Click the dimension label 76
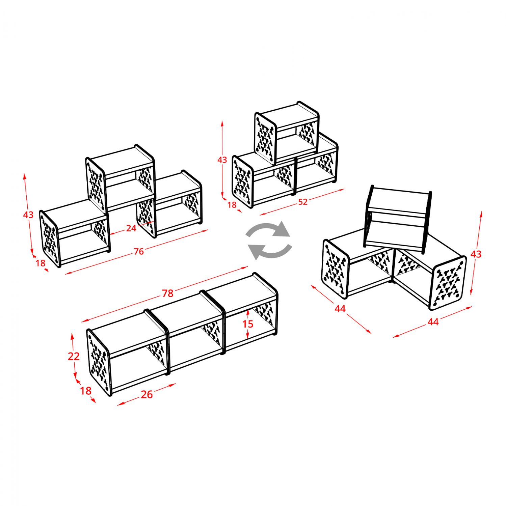pos(139,251)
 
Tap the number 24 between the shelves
pos(131,228)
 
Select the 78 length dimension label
pos(168,293)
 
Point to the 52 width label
pos(303,202)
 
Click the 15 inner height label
pos(248,324)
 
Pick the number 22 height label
pos(74,356)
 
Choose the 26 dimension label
pos(147,394)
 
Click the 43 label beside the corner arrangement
pos(476,254)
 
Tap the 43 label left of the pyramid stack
pos(222,160)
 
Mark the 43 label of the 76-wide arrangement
pos(28,215)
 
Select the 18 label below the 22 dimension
pos(86,391)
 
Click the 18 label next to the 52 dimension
pos(232,205)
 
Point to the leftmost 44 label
pos(340,308)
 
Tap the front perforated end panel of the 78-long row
pos(99,362)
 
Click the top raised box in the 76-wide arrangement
pos(121,179)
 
